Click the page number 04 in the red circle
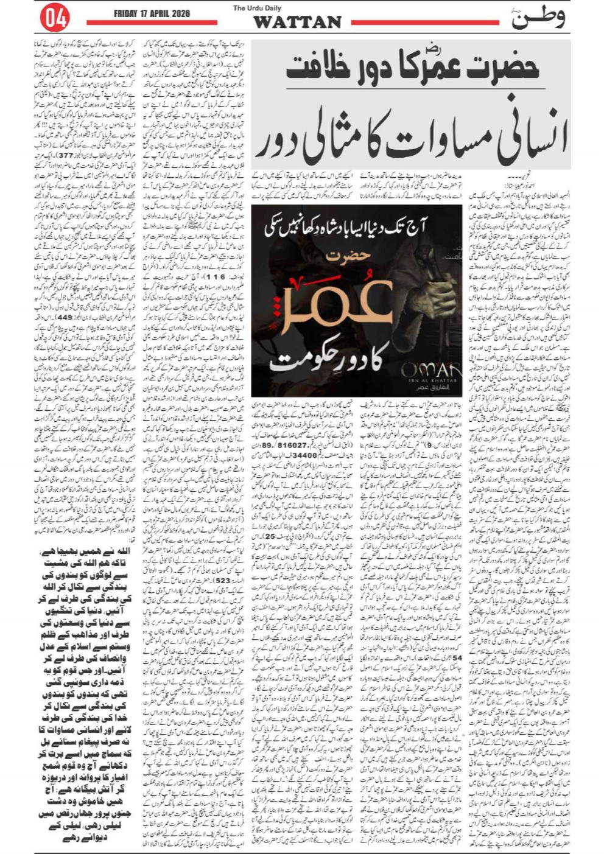[x=54, y=18]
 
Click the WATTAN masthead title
[x=297, y=23]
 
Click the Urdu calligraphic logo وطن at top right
[x=537, y=18]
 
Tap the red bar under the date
[x=152, y=23]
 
